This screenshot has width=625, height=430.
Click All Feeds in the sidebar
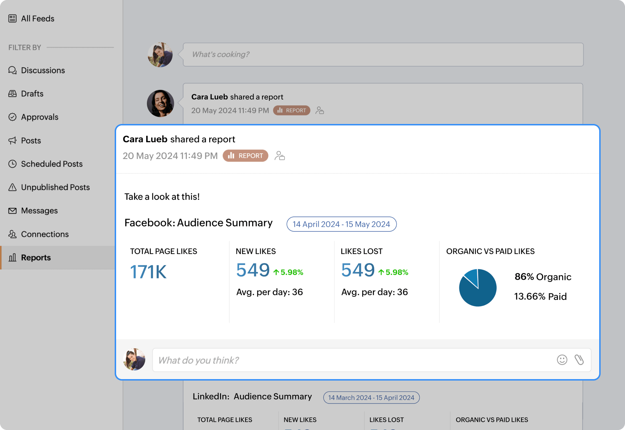coord(37,19)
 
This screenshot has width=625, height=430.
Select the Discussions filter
coord(43,70)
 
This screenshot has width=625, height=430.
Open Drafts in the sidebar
coord(32,94)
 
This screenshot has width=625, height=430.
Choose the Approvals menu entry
coord(39,117)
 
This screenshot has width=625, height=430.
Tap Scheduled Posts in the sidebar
coord(52,164)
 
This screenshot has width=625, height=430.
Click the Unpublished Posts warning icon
coord(13,187)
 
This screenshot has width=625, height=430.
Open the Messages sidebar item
coord(39,211)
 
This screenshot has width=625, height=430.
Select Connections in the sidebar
coord(44,234)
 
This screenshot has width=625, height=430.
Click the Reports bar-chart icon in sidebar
coord(13,257)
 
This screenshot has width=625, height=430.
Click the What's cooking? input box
coord(383,54)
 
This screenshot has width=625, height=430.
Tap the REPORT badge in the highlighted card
coord(245,156)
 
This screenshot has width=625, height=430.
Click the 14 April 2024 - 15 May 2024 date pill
coord(341,224)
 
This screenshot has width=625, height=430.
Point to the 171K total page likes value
coord(148,272)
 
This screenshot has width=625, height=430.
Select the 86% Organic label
coord(543,277)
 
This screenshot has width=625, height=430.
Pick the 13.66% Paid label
coord(540,296)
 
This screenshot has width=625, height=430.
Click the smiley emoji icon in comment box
coord(562,360)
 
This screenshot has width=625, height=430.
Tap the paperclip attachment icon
coord(579,360)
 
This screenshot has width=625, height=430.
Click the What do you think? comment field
coord(351,360)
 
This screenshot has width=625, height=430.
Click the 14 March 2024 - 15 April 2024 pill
coord(371,397)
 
